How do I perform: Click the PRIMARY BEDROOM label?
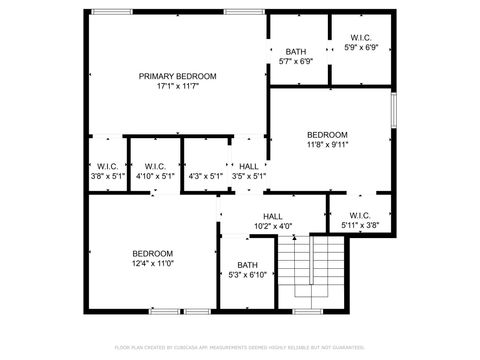pos(178,76)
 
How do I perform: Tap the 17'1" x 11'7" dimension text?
pos(178,87)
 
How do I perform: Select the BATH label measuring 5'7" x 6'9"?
pos(296,51)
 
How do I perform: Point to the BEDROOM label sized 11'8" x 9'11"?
pos(327,135)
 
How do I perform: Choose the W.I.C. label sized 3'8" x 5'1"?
pos(107,166)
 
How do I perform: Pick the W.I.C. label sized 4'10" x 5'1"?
pos(154,166)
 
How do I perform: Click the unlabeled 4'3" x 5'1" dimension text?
pos(200,176)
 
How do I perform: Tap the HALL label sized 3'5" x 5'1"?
pos(249,166)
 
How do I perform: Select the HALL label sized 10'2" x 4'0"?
pos(272,216)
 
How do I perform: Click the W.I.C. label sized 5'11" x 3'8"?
pos(361,215)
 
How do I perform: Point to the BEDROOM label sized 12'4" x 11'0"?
pos(153,253)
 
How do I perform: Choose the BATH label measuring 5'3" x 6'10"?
pos(247,265)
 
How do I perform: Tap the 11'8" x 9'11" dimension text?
pos(327,145)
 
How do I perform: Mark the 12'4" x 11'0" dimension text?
pos(153,264)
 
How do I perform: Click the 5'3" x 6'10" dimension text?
pos(247,275)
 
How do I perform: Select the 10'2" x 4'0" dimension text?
pos(272,226)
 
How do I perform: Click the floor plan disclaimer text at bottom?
pos(240,347)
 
